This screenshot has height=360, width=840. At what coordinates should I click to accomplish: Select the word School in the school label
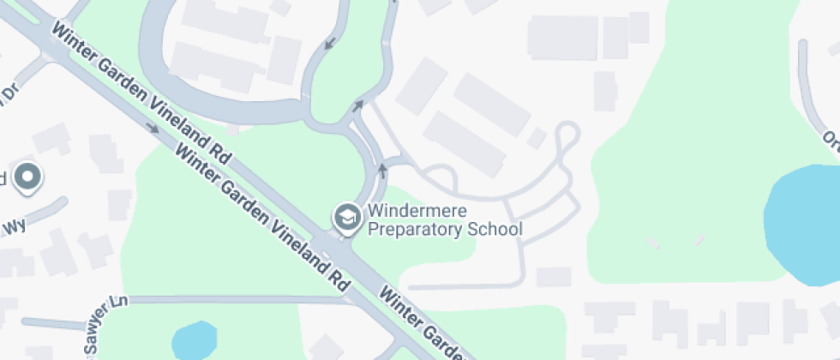498,230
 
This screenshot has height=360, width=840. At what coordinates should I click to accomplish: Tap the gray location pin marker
28,177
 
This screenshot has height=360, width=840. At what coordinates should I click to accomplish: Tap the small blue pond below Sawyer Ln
194,340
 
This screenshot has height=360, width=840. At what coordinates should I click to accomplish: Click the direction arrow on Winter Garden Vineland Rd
153,129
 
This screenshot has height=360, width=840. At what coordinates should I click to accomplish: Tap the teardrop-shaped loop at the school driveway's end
567,137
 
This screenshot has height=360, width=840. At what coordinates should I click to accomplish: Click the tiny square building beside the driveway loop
537,138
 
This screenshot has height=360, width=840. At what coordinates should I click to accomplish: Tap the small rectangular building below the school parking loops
554,277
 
